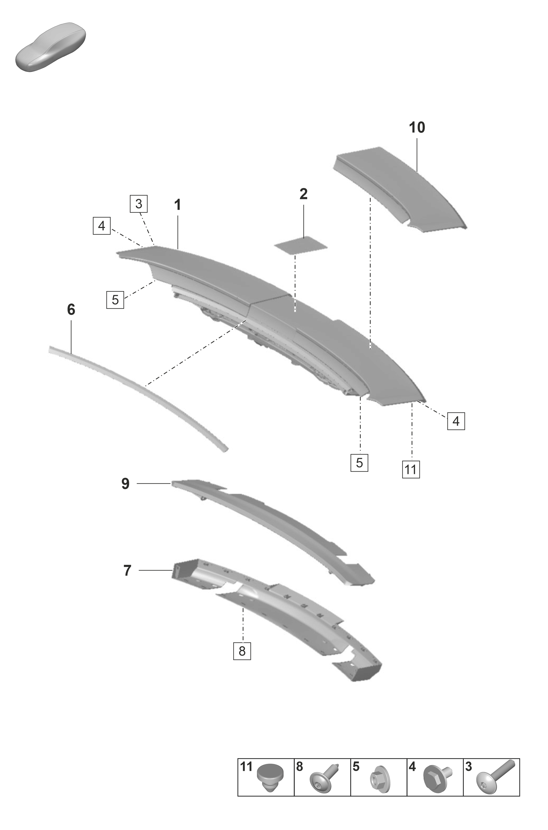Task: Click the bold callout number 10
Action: (417, 128)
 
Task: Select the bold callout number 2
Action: (303, 194)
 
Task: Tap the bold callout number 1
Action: (178, 205)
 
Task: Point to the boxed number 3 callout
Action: (139, 204)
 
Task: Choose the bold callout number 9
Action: (125, 484)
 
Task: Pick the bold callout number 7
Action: (127, 570)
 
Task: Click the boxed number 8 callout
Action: (242, 651)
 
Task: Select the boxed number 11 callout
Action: (411, 469)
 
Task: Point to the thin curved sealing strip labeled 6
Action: (140, 388)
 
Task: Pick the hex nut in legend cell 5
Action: (379, 778)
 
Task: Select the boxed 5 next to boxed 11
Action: (359, 463)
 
